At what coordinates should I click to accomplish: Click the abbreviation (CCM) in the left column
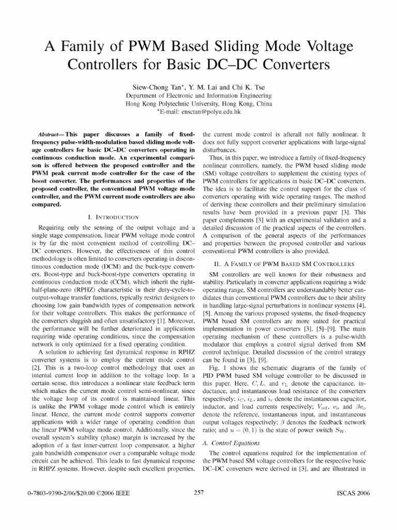tap(107, 282)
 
